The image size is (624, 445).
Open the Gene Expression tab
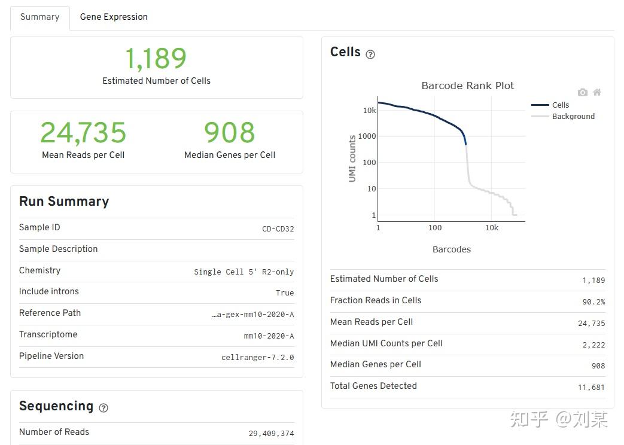tap(114, 17)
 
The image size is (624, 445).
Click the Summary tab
tap(39, 17)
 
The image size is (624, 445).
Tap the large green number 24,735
tap(83, 133)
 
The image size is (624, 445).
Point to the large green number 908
tap(230, 133)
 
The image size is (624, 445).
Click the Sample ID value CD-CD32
tap(278, 228)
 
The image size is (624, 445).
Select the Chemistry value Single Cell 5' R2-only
tap(243, 272)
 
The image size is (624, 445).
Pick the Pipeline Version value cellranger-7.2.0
tap(257, 358)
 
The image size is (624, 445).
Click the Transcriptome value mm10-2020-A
tap(269, 336)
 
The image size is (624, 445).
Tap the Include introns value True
tap(285, 293)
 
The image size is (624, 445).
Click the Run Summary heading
tap(64, 202)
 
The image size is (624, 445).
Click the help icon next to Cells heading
tap(370, 54)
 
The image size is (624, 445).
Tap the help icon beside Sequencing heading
tap(104, 408)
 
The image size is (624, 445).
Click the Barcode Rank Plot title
tap(467, 86)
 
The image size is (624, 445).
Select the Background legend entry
tap(573, 116)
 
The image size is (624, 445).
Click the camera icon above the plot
tap(582, 92)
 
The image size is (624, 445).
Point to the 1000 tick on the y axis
tap(366, 136)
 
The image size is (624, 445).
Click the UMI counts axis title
tap(352, 159)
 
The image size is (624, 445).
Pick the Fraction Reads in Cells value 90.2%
tap(593, 302)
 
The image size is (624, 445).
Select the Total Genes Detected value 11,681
tap(591, 388)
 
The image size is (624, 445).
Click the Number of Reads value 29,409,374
tap(271, 434)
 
